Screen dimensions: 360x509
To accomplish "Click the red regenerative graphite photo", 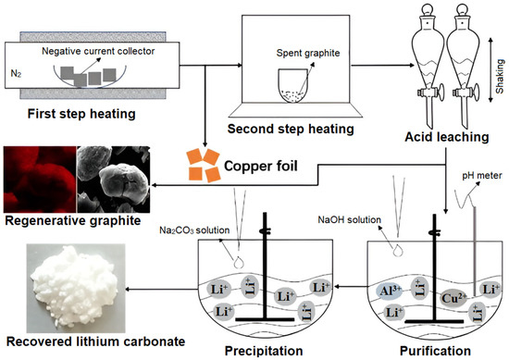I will click(x=37, y=174).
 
